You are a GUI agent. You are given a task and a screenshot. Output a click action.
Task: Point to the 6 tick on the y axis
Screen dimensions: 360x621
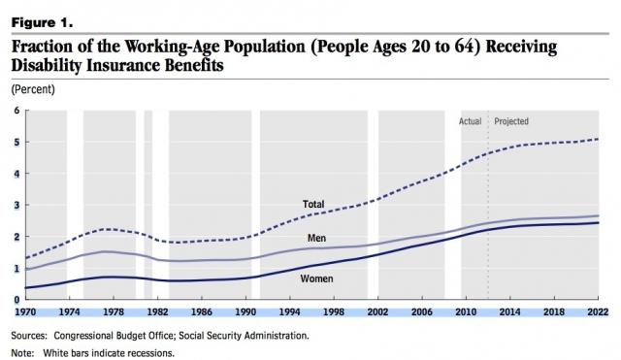(15, 111)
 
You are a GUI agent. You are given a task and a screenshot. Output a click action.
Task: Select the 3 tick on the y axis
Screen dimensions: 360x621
(15, 205)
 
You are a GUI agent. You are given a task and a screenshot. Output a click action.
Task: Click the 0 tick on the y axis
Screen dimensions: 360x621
(15, 299)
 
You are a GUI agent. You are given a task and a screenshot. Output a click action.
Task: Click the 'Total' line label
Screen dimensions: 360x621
(313, 205)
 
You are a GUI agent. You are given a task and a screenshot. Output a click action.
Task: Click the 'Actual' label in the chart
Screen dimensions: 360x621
(471, 121)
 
